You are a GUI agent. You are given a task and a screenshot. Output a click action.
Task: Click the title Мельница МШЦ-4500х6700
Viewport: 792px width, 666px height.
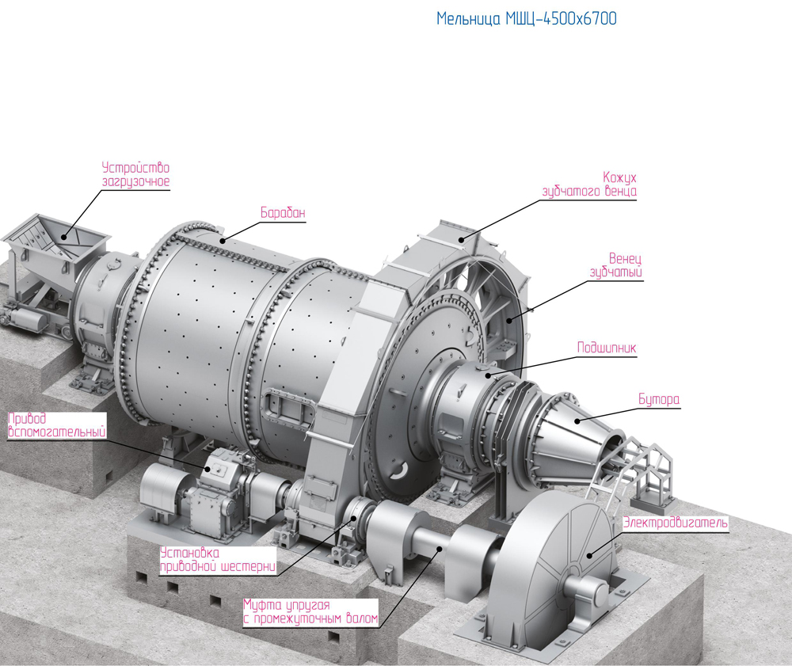(527, 19)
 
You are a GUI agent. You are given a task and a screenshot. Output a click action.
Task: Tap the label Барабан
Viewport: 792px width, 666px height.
(283, 212)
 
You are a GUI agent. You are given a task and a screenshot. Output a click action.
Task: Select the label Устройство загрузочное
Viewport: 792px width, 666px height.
(136, 175)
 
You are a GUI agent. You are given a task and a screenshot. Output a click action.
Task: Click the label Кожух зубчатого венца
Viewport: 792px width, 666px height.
(589, 185)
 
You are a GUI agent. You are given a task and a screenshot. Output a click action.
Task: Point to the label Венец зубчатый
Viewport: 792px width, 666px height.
(616, 265)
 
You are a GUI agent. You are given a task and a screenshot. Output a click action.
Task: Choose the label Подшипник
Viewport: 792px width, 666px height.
(607, 348)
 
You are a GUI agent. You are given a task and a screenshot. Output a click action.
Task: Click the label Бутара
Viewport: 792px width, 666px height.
(659, 399)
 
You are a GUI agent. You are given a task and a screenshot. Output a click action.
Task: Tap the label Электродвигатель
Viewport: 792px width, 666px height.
(675, 523)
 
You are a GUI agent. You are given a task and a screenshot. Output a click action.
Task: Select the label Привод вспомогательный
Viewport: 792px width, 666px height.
(57, 425)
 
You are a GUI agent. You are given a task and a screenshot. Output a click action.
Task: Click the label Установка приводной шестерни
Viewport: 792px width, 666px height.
(219, 560)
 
